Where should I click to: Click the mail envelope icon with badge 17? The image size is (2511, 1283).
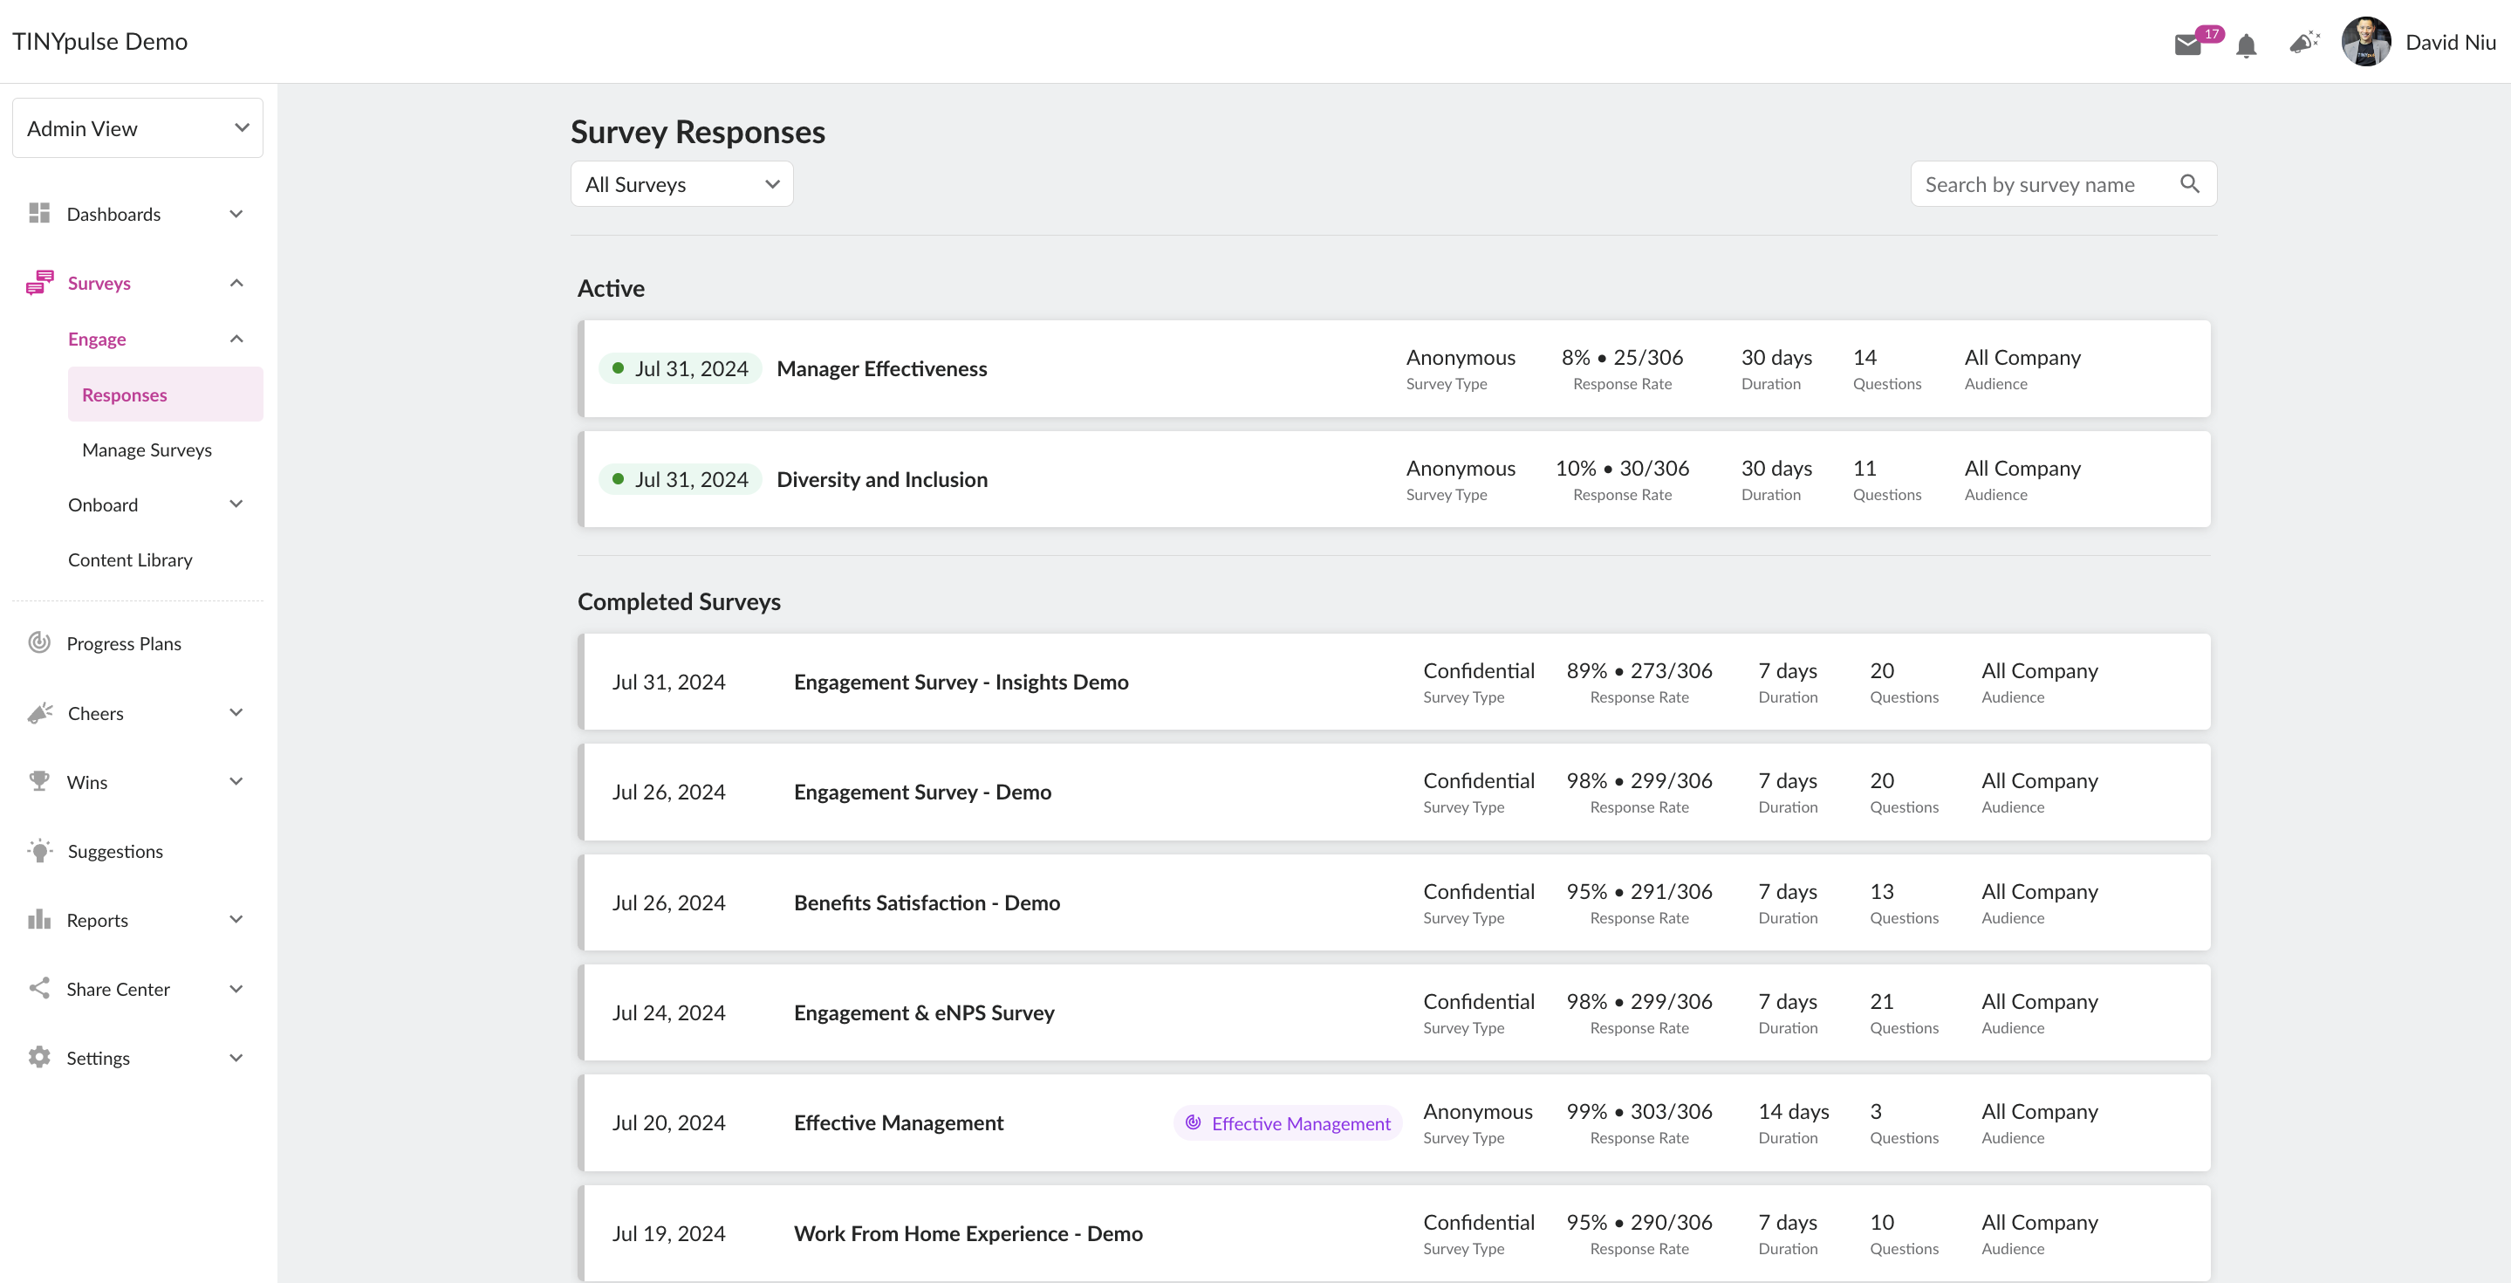2188,45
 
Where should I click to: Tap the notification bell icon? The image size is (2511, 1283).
2247,45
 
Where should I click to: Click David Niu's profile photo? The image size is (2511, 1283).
2366,42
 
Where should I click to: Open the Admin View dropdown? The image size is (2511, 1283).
138,127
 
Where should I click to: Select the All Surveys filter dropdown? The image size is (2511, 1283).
681,184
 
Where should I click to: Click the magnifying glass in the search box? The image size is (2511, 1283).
2189,184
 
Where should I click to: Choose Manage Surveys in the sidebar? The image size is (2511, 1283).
147,449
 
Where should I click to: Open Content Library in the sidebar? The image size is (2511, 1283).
131,559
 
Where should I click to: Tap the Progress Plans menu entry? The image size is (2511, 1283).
124,643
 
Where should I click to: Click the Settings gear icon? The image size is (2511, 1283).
39,1057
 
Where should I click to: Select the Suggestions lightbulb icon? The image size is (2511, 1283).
40,850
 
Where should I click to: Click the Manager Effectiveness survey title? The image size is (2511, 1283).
882,368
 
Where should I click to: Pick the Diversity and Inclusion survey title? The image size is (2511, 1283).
882,480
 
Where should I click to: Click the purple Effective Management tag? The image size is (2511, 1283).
1289,1123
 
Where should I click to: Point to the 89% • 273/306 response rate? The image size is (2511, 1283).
1639,671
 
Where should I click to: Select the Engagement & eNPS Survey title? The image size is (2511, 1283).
924,1013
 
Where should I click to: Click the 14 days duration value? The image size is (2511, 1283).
1794,1111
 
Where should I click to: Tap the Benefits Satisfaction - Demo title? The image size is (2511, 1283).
927,902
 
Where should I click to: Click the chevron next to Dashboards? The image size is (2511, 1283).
236,214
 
